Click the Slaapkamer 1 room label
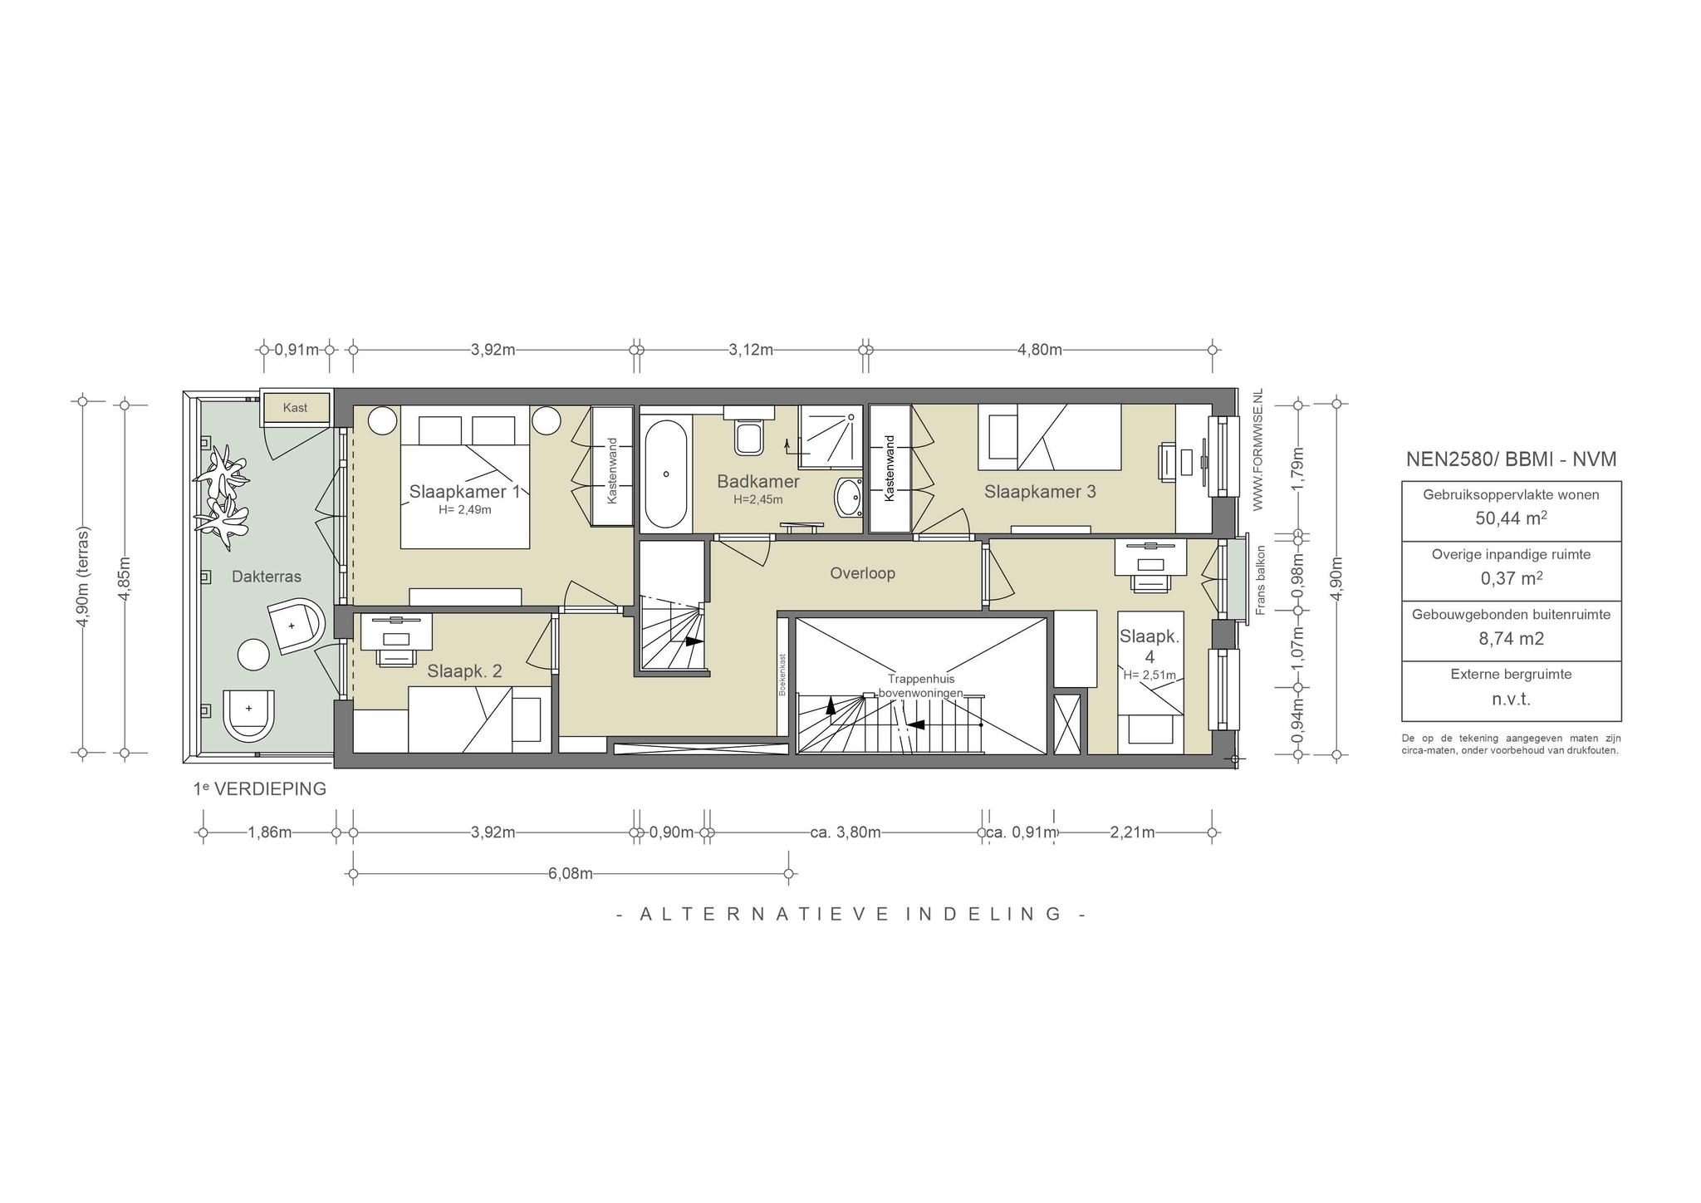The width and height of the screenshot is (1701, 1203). (x=464, y=491)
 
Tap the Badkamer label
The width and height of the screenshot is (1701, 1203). (x=758, y=482)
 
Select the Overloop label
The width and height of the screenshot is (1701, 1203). (x=862, y=573)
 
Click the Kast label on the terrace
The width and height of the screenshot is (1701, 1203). (x=295, y=408)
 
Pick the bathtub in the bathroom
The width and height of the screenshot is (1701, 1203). (x=666, y=474)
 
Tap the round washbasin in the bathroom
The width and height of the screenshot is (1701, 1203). (x=849, y=498)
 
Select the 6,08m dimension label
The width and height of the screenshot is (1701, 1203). (x=570, y=874)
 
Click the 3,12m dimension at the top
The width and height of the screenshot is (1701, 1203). (x=751, y=350)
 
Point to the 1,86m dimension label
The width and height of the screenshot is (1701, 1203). (x=269, y=832)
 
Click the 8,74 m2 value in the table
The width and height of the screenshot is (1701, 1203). (x=1511, y=639)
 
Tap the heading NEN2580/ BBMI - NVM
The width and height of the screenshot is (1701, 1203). (x=1511, y=459)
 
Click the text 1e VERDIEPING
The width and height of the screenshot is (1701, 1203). (x=260, y=788)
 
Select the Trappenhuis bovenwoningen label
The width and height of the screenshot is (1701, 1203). (x=921, y=685)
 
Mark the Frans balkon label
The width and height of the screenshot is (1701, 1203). (x=1260, y=580)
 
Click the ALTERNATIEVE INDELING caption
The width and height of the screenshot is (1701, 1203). (x=852, y=914)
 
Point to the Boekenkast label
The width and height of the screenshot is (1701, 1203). (x=782, y=675)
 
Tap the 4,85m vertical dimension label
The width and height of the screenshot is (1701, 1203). (x=125, y=577)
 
